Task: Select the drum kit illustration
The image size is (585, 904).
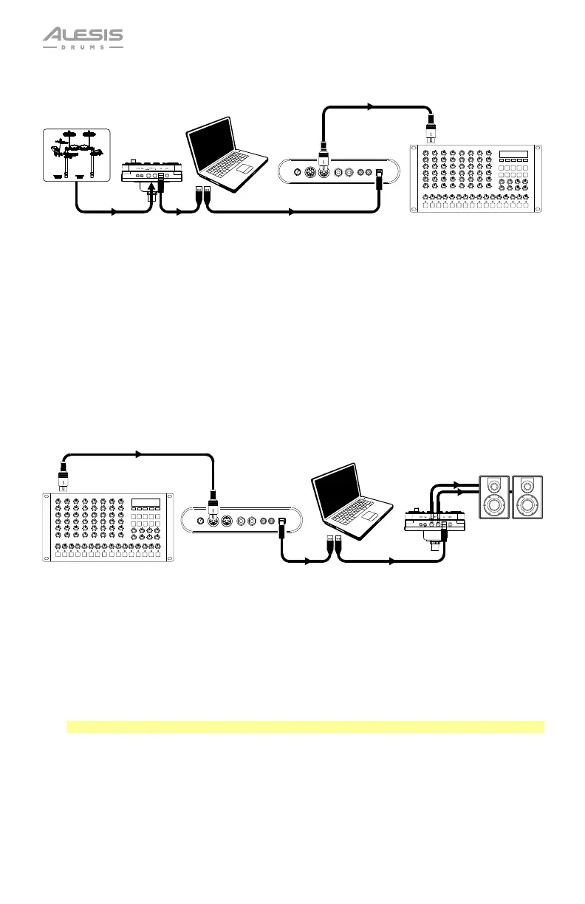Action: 75,154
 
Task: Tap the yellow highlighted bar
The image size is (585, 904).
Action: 306,727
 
